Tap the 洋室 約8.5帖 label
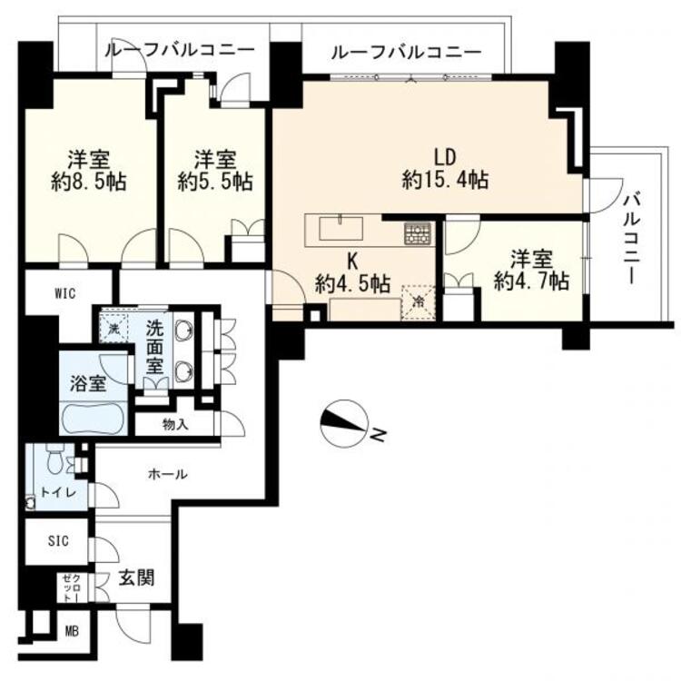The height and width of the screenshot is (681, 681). [x=89, y=171]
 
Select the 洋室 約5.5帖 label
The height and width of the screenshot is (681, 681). [x=215, y=171]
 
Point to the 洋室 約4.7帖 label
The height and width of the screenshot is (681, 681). [x=531, y=271]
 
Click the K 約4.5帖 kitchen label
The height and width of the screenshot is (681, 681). [x=352, y=273]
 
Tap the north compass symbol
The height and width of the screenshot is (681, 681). [x=344, y=423]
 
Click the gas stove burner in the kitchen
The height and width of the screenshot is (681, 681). [x=418, y=234]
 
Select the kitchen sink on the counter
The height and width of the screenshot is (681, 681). [x=340, y=228]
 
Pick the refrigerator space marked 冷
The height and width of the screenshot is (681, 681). [x=419, y=302]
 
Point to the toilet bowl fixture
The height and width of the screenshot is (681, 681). [x=55, y=460]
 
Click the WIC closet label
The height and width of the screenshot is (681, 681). [x=65, y=293]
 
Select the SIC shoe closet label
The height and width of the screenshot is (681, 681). [x=58, y=541]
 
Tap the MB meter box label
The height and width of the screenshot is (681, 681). [x=72, y=631]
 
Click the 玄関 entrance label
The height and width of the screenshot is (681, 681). [x=136, y=578]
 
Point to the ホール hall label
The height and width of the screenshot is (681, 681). [x=168, y=474]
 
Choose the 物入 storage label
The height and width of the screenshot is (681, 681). [x=175, y=424]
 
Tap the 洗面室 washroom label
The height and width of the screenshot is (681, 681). [x=154, y=348]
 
